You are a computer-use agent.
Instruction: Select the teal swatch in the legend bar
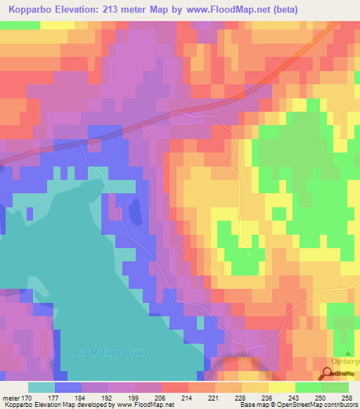point(41,387)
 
